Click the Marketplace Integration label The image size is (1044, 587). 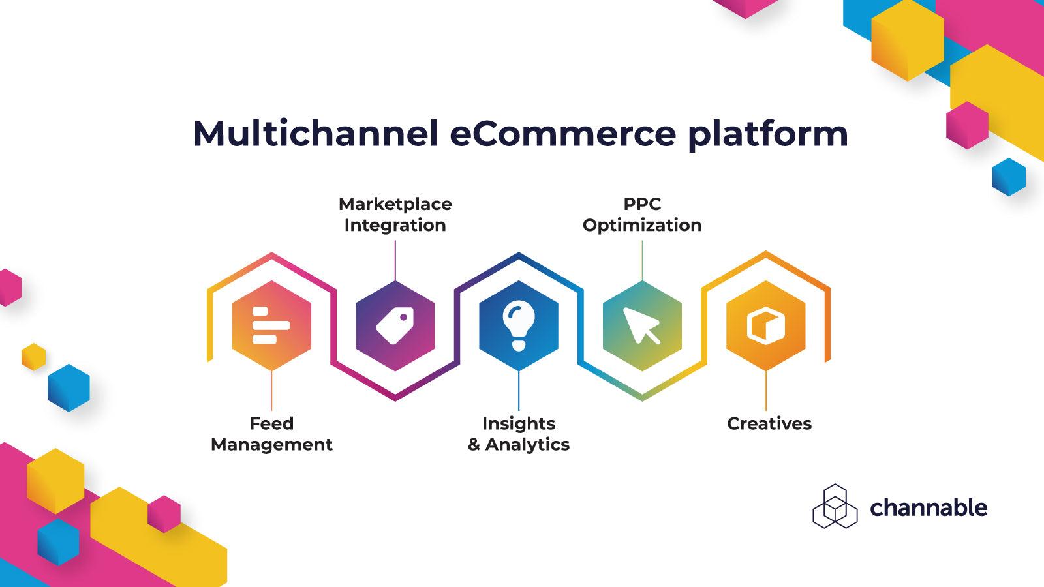[395, 215]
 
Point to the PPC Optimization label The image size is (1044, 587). [642, 215]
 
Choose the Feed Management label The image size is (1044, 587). [271, 434]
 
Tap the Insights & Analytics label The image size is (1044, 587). [519, 434]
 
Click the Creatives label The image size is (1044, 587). [769, 424]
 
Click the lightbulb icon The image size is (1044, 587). [519, 325]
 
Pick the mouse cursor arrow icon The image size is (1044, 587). [641, 325]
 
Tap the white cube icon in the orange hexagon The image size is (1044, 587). [765, 325]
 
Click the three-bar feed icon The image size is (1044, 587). [270, 325]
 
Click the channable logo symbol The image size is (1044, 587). [835, 506]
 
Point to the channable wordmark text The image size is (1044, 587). [928, 507]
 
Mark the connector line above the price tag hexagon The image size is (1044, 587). [395, 261]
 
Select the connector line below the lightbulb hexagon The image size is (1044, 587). [519, 391]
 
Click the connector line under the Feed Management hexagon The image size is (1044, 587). [271, 391]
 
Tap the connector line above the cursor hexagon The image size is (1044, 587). [642, 261]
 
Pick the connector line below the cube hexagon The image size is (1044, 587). [765, 391]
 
